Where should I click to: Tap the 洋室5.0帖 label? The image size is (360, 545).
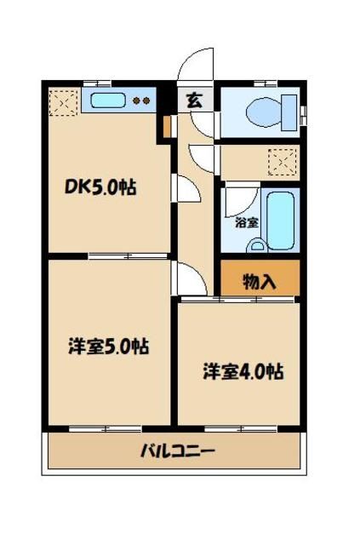coord(109,347)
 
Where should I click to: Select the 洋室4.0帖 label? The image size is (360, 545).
coord(243,371)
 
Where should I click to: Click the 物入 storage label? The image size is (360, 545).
coord(259,281)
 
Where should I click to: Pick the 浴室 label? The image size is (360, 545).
coord(247,223)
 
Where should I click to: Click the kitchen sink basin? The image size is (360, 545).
coord(109,100)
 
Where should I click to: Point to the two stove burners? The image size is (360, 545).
coord(140,100)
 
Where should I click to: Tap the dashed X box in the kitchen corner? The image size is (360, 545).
coord(61,102)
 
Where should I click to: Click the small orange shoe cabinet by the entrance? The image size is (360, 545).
coord(169,126)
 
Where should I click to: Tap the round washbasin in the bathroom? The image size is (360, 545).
coord(256,247)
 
